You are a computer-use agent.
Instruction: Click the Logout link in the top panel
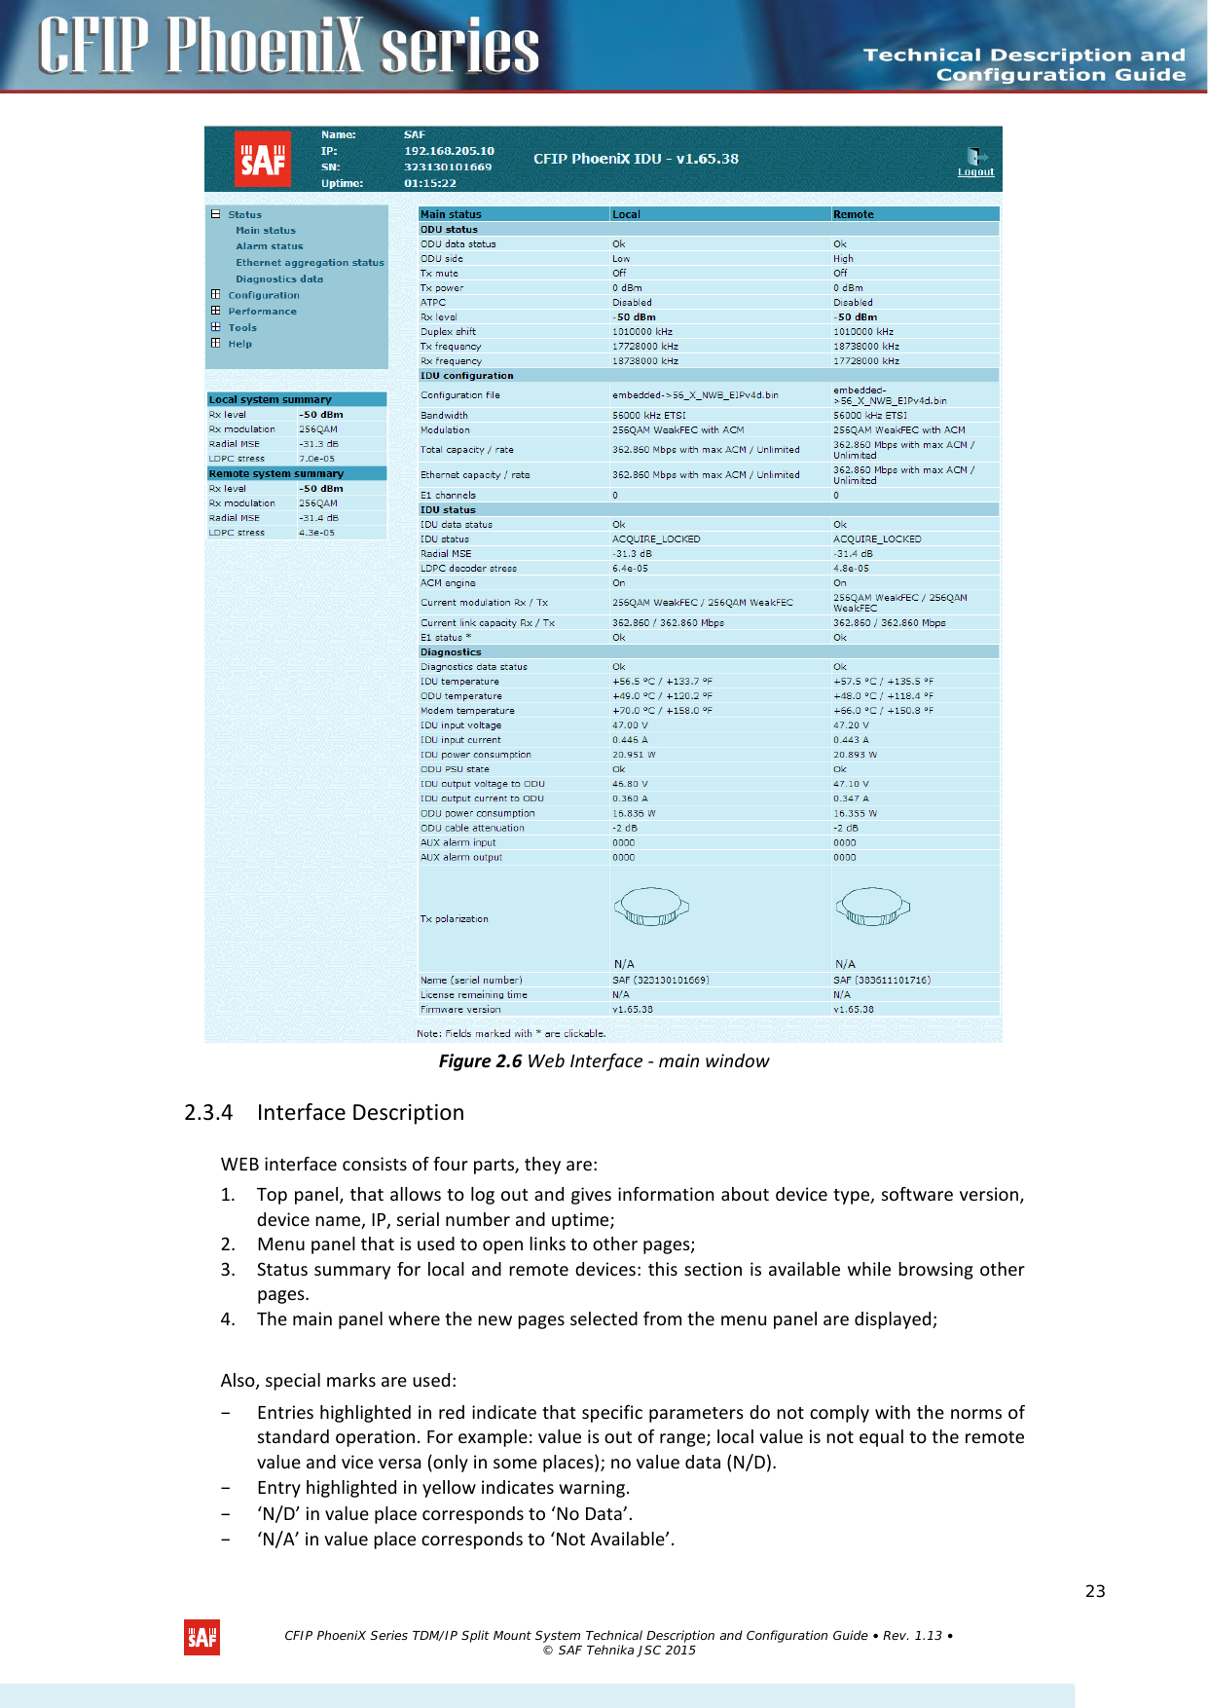(975, 172)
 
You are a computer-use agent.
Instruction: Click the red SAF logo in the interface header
(263, 158)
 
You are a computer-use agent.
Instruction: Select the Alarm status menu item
(269, 246)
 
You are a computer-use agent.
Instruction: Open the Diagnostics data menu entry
(278, 278)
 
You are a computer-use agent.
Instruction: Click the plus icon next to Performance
(216, 311)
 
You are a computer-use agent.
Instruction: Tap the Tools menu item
(242, 327)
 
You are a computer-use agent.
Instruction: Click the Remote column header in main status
(854, 214)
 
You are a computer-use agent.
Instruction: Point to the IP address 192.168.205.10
(449, 151)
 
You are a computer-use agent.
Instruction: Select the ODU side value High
(843, 259)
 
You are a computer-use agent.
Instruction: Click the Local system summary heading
(270, 399)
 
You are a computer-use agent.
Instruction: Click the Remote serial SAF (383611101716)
(881, 981)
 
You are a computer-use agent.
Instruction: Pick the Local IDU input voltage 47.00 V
(630, 725)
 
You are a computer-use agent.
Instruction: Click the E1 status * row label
(446, 638)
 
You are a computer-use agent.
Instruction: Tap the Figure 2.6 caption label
(480, 1061)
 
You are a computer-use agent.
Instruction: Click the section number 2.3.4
(208, 1112)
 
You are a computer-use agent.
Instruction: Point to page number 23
(1095, 1591)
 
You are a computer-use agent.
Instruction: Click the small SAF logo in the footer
(202, 1637)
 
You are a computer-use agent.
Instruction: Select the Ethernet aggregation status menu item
(310, 263)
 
